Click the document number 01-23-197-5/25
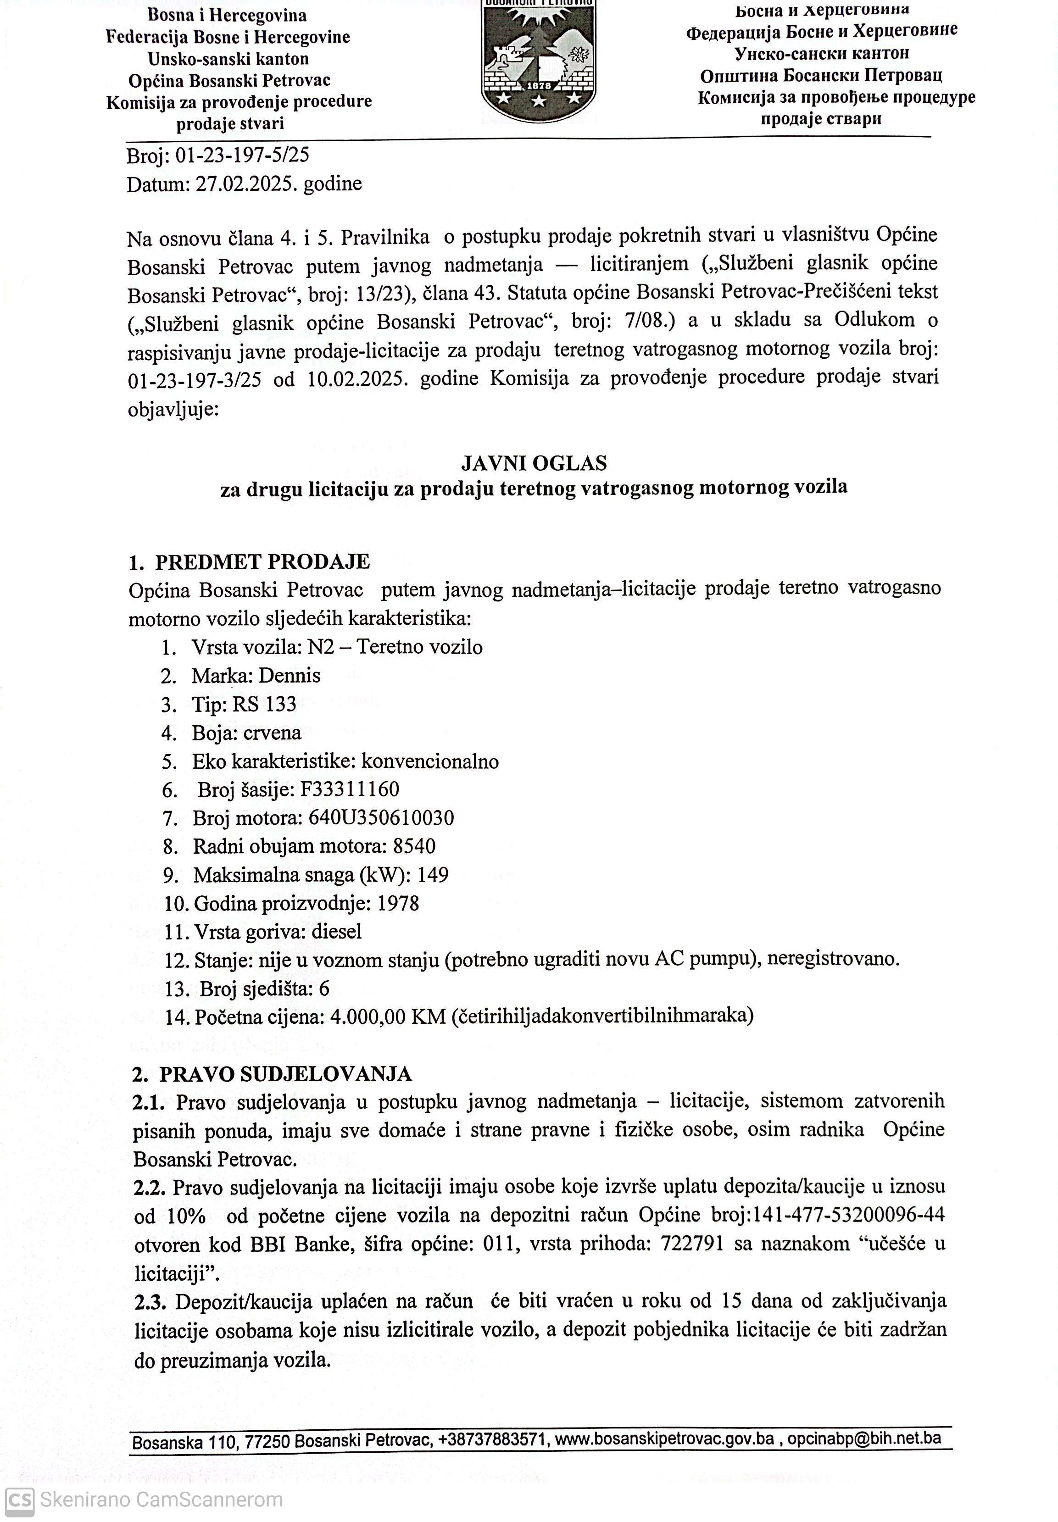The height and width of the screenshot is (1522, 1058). coord(242,155)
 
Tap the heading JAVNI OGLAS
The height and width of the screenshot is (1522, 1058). coord(534,462)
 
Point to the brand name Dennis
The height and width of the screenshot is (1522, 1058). coord(289,676)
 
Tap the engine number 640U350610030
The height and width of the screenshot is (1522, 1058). coord(381,818)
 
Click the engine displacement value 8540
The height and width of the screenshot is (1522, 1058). coord(414,847)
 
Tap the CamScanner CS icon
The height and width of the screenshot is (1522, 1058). coord(20,1500)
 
